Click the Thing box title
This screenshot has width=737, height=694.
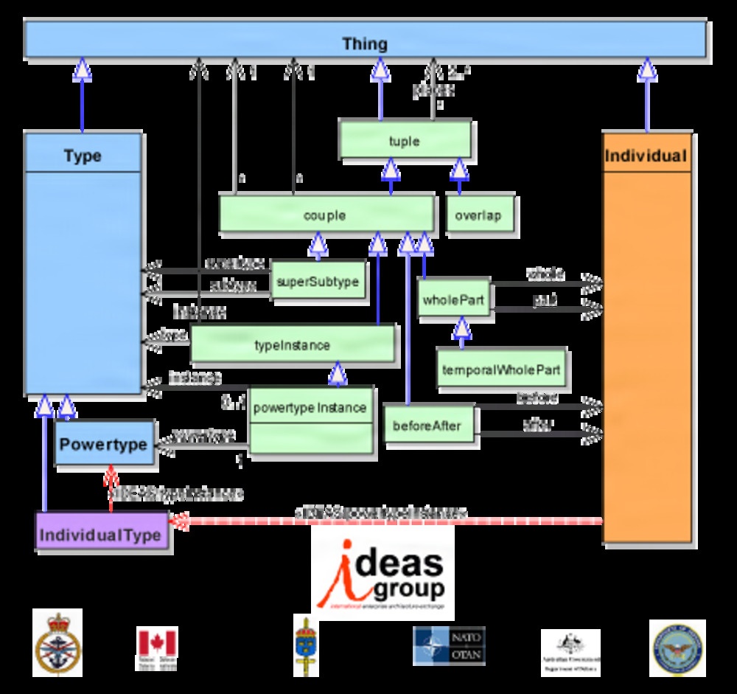tap(365, 44)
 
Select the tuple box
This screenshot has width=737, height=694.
tap(404, 140)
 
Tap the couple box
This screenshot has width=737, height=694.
tap(325, 215)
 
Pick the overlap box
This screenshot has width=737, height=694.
tap(478, 215)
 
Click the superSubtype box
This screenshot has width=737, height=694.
tap(317, 281)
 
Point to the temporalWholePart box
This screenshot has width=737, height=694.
tap(501, 368)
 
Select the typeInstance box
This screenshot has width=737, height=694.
tap(292, 344)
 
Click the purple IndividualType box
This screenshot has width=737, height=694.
tap(101, 534)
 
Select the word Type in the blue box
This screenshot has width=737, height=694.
tap(82, 156)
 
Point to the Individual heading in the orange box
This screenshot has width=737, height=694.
tap(646, 156)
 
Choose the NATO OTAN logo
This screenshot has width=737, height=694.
tap(449, 646)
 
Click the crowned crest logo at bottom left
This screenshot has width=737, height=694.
tap(57, 644)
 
